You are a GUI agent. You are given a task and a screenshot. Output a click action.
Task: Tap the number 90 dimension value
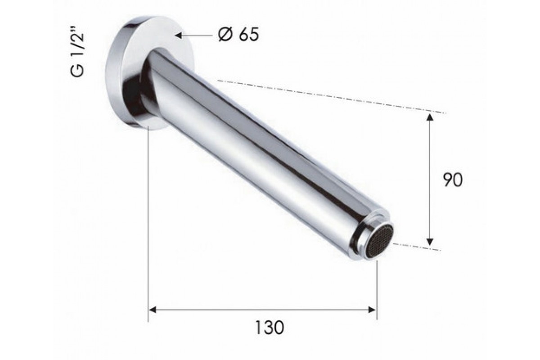[453, 180]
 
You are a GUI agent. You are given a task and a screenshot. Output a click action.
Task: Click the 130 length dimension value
[269, 327]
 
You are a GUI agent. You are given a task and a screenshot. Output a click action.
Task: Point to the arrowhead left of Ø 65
[178, 36]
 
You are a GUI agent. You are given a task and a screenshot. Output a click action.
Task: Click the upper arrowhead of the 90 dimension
[430, 117]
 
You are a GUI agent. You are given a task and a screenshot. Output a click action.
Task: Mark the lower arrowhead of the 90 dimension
[430, 242]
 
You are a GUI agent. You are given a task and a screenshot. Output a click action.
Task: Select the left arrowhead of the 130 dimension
[153, 310]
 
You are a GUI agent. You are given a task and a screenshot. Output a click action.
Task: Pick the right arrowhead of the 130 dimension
[372, 310]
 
